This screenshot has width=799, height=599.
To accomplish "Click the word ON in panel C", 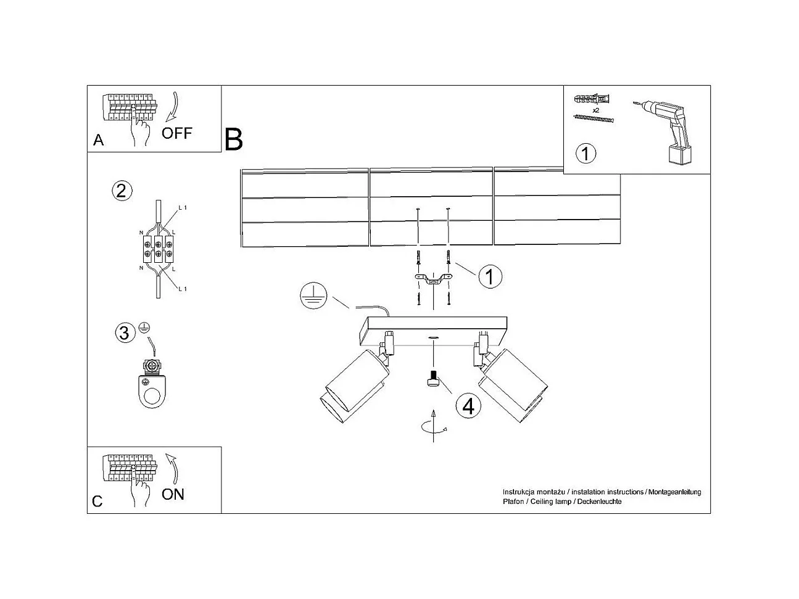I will (x=173, y=494).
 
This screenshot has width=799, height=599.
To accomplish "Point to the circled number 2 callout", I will (x=121, y=190).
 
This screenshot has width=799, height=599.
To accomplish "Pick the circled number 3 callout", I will (x=124, y=333).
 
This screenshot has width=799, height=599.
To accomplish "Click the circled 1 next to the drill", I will (x=586, y=152).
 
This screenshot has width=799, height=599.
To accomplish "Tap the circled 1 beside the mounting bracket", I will (x=490, y=277).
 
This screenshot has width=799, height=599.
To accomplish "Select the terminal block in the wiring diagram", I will (x=158, y=248).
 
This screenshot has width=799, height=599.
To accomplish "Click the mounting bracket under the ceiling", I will (x=433, y=281).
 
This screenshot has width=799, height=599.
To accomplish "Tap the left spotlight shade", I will (x=353, y=386).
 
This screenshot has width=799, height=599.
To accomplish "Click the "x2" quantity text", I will (x=596, y=110).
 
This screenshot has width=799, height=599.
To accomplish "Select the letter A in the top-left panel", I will (x=98, y=141).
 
